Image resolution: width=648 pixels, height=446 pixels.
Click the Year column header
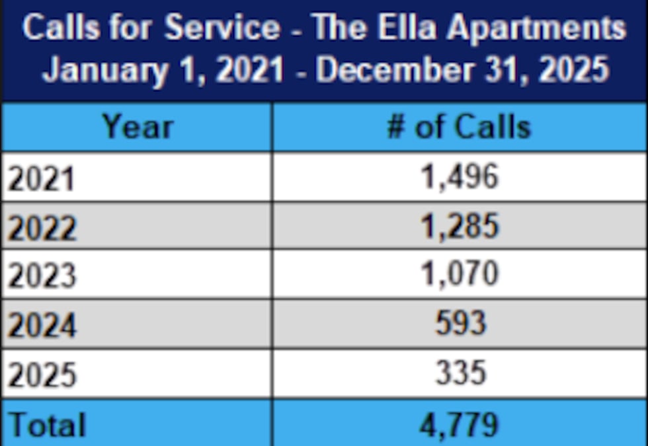pyautogui.click(x=138, y=127)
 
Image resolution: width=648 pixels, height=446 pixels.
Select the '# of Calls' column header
pyautogui.click(x=458, y=127)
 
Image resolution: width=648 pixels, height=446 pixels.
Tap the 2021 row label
pyautogui.click(x=40, y=178)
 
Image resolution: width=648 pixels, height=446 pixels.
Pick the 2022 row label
pyautogui.click(x=42, y=228)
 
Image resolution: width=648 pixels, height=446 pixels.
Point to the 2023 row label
pyautogui.click(x=42, y=276)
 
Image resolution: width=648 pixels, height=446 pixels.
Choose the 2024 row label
pyautogui.click(x=42, y=325)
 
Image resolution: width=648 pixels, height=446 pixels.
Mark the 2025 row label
pyautogui.click(x=42, y=375)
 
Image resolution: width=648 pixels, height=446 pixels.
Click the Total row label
pyautogui.click(x=47, y=424)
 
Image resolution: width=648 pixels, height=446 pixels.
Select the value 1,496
pyautogui.click(x=460, y=177)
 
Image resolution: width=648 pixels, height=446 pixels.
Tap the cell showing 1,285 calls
pyautogui.click(x=460, y=227)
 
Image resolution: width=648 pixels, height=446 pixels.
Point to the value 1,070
pyautogui.click(x=460, y=274)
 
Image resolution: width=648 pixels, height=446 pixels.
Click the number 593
pyautogui.click(x=460, y=324)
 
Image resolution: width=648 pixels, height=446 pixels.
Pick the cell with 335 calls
pyautogui.click(x=460, y=373)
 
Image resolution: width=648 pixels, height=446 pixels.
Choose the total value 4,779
pyautogui.click(x=460, y=424)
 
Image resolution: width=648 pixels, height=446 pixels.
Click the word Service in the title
pyautogui.click(x=222, y=28)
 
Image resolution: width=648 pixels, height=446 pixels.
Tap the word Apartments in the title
pyautogui.click(x=536, y=28)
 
